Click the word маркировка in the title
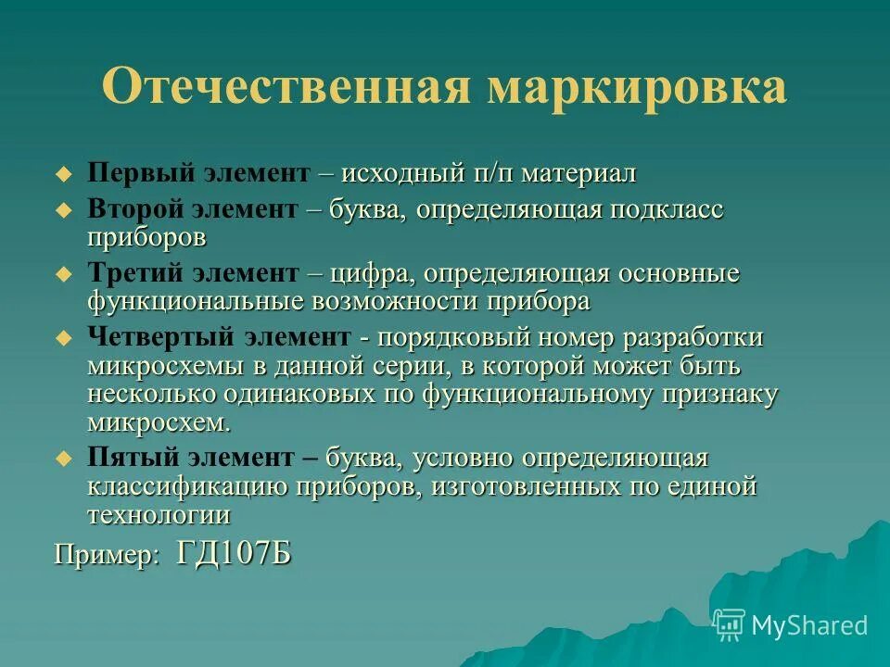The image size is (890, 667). pos(637,88)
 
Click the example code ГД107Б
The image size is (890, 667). pos(234,554)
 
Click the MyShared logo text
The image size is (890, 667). pos(809,625)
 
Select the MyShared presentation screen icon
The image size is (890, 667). pos(729,625)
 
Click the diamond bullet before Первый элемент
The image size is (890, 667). pos(63,174)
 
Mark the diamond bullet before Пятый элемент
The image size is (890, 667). pos(63,458)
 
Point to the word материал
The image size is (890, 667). pos(578,174)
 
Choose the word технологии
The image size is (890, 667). pos(159,515)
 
